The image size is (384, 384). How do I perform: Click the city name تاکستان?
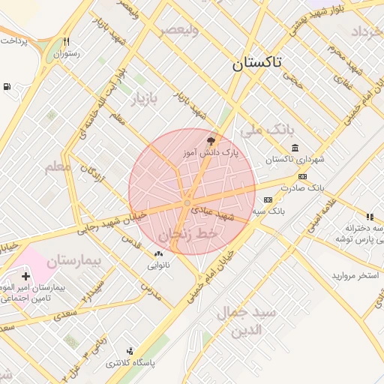pos(256,64)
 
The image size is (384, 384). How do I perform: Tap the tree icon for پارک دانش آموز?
pos(211,140)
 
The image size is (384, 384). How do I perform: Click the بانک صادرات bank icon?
pos(301,177)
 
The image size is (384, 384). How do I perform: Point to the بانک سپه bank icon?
pos(268,199)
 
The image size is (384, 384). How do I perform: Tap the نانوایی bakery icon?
pos(158,254)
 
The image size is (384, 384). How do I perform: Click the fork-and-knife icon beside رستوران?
pos(67,42)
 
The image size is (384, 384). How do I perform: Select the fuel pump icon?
pos(7,87)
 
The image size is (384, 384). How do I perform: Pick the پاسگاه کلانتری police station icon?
pos(130,351)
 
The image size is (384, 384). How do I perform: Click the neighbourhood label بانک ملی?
pos(266,129)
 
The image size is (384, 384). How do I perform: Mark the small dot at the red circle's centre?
pos(187,203)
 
